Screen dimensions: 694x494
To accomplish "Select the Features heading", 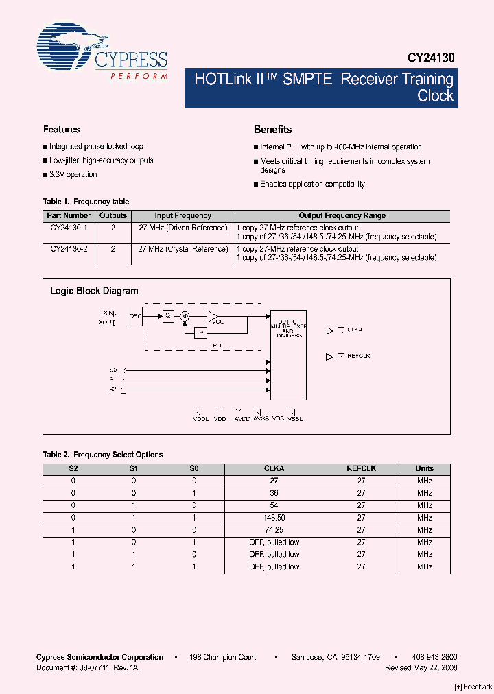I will (61, 130).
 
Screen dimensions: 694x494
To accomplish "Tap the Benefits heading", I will (272, 130).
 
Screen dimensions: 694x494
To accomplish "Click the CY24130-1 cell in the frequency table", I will (69, 228).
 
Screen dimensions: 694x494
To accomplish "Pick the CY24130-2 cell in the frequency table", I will (69, 249).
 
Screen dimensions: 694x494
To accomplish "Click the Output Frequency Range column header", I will (342, 215).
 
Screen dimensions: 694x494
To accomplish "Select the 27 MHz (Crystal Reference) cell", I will (183, 249).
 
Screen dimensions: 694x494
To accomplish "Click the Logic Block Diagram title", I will (94, 291).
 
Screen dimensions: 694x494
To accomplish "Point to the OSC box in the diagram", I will (135, 316).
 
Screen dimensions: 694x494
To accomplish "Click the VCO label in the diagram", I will (218, 321).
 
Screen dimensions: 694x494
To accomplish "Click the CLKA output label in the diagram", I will (354, 330).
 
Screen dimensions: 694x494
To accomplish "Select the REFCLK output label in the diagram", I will (358, 356).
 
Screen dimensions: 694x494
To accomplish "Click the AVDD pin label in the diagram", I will (242, 418).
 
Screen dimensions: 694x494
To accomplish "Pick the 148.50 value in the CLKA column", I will (274, 518).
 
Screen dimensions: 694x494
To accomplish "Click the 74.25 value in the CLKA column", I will (274, 530).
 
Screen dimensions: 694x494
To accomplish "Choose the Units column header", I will (425, 468).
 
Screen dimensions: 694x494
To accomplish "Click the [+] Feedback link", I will (473, 686).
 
